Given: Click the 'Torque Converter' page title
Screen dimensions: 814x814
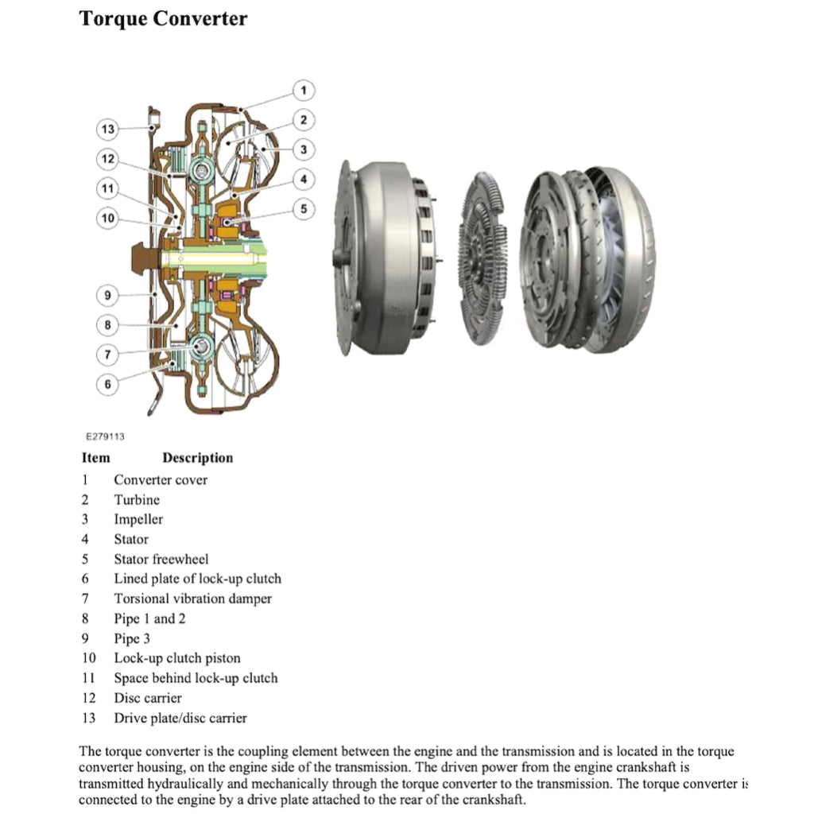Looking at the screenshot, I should (x=163, y=18).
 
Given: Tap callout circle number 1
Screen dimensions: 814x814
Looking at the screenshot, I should (x=304, y=90).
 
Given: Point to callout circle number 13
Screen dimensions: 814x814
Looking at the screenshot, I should (x=108, y=129).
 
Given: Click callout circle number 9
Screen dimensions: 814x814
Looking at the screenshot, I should (x=108, y=296).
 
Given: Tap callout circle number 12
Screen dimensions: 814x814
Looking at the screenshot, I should (x=108, y=159).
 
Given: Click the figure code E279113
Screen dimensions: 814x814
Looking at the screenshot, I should (x=106, y=436).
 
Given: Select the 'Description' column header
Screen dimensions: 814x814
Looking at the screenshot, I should (x=197, y=458).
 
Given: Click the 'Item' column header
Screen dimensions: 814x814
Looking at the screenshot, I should (x=95, y=458).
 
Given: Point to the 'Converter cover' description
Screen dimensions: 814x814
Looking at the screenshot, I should (x=160, y=480).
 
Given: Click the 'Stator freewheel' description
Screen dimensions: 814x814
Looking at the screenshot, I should (x=161, y=559).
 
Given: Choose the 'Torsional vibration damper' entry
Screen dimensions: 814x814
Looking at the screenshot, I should (x=192, y=599).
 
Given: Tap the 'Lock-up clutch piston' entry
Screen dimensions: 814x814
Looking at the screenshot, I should (x=176, y=658).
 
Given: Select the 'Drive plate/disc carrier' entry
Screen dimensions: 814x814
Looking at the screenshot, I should (x=180, y=718).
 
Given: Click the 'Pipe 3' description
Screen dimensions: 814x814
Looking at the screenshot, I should (x=132, y=638).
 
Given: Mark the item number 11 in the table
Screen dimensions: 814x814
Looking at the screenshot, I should (x=88, y=678).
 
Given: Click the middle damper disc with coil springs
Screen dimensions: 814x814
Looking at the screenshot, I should (x=483, y=258).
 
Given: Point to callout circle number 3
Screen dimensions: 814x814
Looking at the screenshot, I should (x=304, y=149).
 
